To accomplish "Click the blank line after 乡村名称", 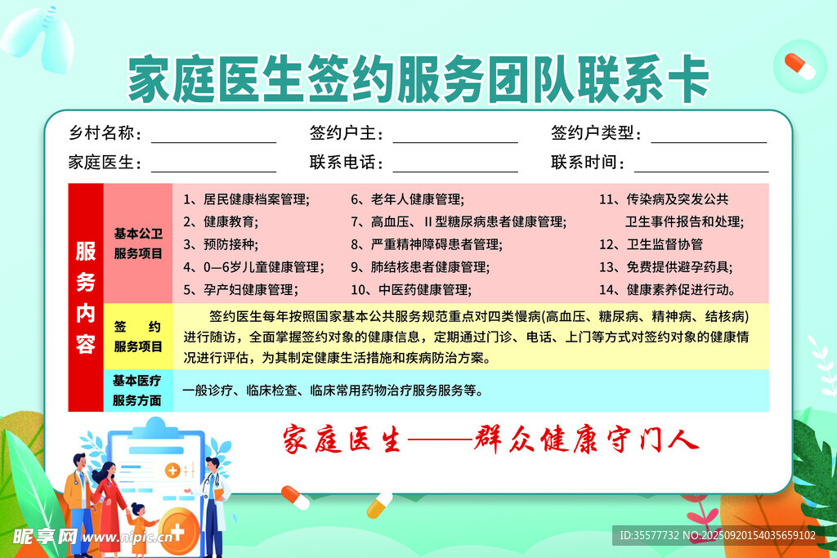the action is [213, 142].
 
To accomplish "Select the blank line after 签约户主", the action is [455, 142].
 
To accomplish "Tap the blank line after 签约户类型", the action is [709, 142].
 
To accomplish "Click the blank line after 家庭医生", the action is [213, 172].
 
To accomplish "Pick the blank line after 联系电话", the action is [455, 172].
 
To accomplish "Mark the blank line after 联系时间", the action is [701, 172].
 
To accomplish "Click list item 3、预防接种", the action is [221, 244].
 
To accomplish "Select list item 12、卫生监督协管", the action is [651, 244].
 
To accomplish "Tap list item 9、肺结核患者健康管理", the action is [420, 266].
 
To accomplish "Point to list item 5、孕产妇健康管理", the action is [241, 290].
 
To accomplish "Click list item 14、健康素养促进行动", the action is [668, 290].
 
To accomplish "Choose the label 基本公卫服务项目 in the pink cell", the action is [138, 243].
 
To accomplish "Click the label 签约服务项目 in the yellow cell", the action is [137, 337].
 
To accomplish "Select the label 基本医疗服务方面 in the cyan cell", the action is [137, 391].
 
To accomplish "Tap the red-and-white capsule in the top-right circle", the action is [799, 66].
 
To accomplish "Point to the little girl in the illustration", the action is [139, 528].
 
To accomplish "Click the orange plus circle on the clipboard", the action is [172, 471].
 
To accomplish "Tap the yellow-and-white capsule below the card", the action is [379, 505].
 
